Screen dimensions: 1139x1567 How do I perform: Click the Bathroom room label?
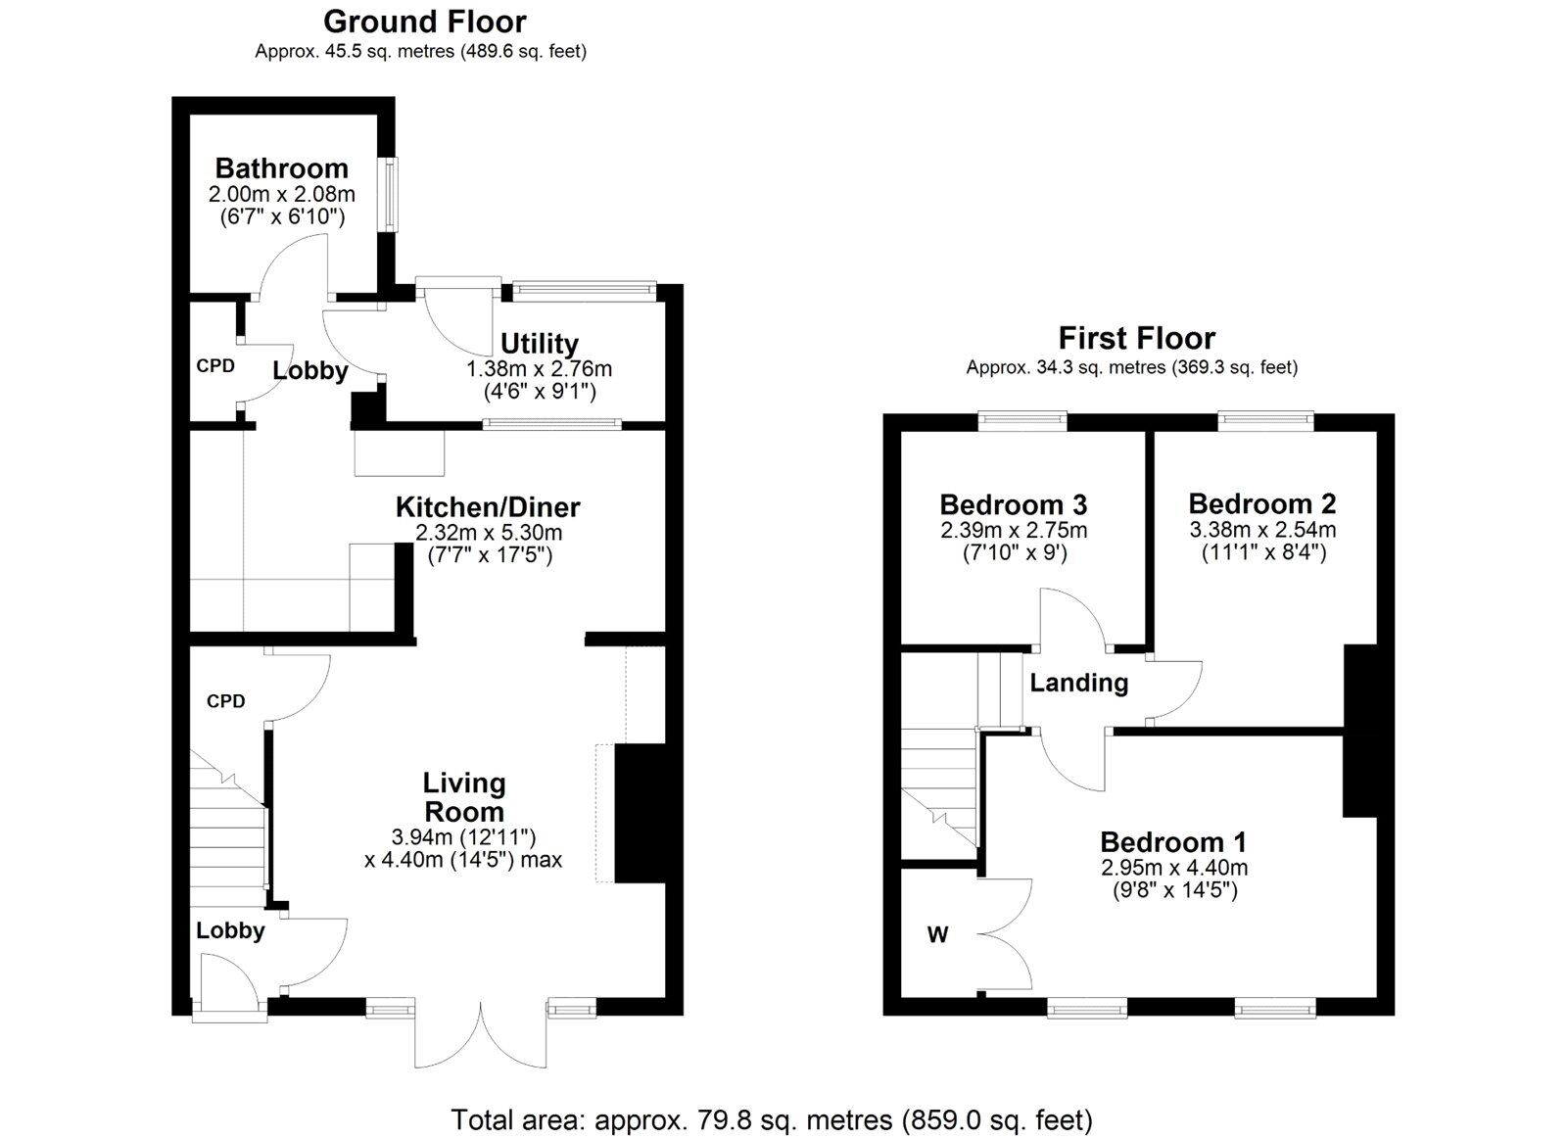click(281, 167)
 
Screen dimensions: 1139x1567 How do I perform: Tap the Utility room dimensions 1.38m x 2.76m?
click(539, 369)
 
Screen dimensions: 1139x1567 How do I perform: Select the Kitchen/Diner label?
click(488, 507)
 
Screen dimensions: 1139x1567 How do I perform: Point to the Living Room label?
click(464, 796)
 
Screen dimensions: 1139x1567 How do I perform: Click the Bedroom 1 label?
click(1172, 842)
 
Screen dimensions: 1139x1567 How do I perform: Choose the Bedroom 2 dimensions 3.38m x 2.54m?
click(1262, 530)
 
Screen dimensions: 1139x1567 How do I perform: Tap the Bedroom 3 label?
click(1013, 505)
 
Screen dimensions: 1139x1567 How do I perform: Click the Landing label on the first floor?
click(1078, 683)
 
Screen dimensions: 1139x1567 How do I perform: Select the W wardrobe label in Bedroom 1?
click(937, 935)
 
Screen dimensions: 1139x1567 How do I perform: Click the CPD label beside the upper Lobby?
click(215, 365)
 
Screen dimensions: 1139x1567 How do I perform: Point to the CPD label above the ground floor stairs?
click(225, 701)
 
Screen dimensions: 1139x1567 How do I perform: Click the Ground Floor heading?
click(424, 22)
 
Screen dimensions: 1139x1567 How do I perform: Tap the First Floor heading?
click(1136, 338)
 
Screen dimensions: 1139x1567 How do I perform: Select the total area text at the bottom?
click(771, 1119)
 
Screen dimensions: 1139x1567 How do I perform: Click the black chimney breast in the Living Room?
click(639, 813)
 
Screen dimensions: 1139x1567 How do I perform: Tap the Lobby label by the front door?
click(230, 930)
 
